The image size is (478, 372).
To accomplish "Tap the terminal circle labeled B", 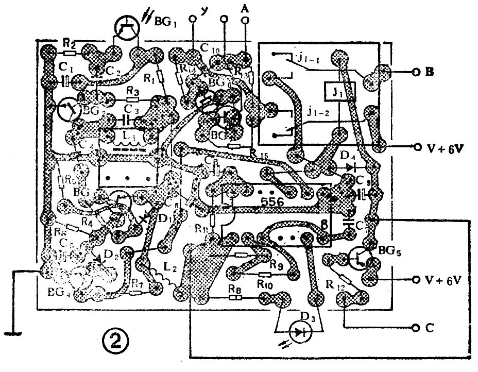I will click(415, 73).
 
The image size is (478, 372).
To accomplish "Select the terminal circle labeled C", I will click(415, 328).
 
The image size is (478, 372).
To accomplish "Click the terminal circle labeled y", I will click(193, 20).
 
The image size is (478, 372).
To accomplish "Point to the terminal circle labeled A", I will click(245, 20).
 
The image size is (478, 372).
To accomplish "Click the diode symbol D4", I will click(352, 167).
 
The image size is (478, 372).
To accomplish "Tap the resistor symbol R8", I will click(235, 297).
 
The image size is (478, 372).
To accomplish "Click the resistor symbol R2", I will click(70, 53).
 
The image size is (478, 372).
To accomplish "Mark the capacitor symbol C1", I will click(66, 81).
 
